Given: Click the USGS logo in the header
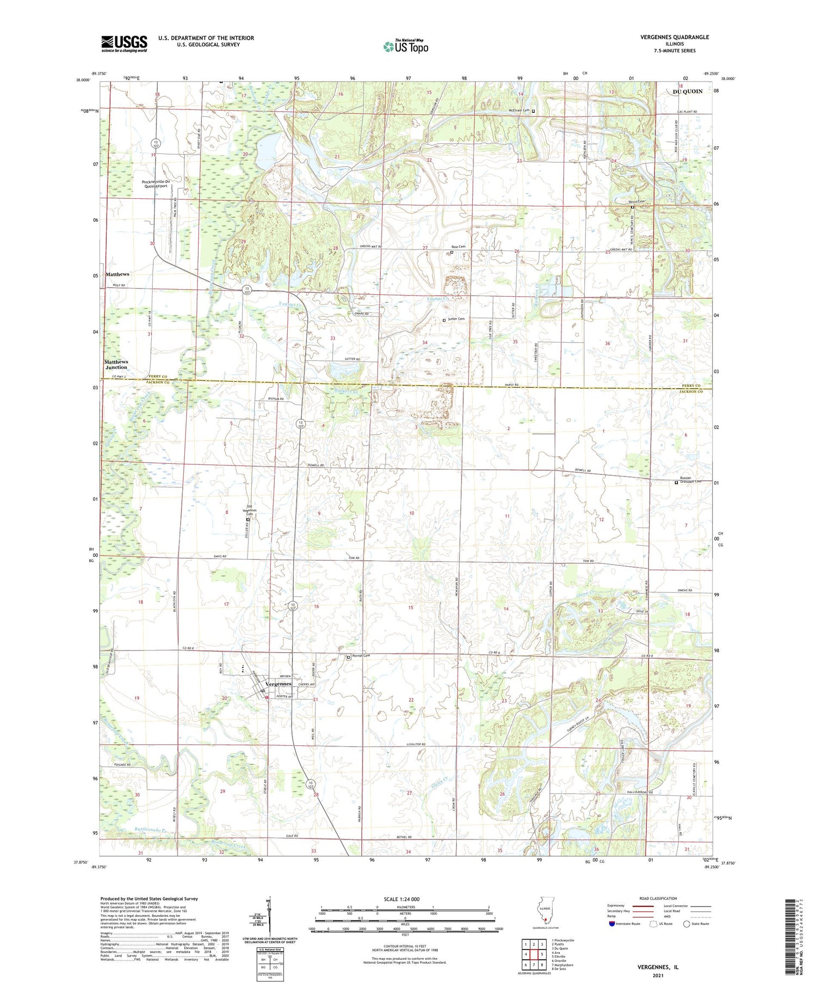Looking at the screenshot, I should [124, 44].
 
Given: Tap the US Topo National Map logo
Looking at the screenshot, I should [406, 46].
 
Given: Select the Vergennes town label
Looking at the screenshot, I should [279, 684].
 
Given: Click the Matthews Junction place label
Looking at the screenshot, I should [116, 364].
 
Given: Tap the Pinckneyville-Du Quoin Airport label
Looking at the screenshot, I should [155, 183].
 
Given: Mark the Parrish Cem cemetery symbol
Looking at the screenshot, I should [349, 658].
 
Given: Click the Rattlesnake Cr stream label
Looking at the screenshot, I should [153, 830].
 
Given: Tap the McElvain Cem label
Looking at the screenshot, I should [519, 111].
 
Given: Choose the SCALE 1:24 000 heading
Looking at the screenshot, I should [402, 899].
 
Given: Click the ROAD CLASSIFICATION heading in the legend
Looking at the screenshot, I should [658, 898].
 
